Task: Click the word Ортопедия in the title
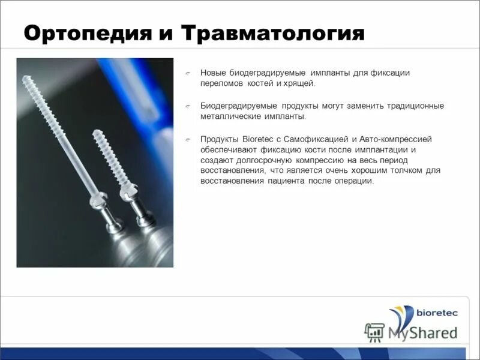click(x=84, y=33)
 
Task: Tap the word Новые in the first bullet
click(x=213, y=73)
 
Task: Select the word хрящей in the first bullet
click(x=302, y=84)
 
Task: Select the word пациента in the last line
click(x=286, y=182)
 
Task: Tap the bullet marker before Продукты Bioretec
click(x=188, y=140)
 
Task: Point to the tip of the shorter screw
click(x=96, y=133)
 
